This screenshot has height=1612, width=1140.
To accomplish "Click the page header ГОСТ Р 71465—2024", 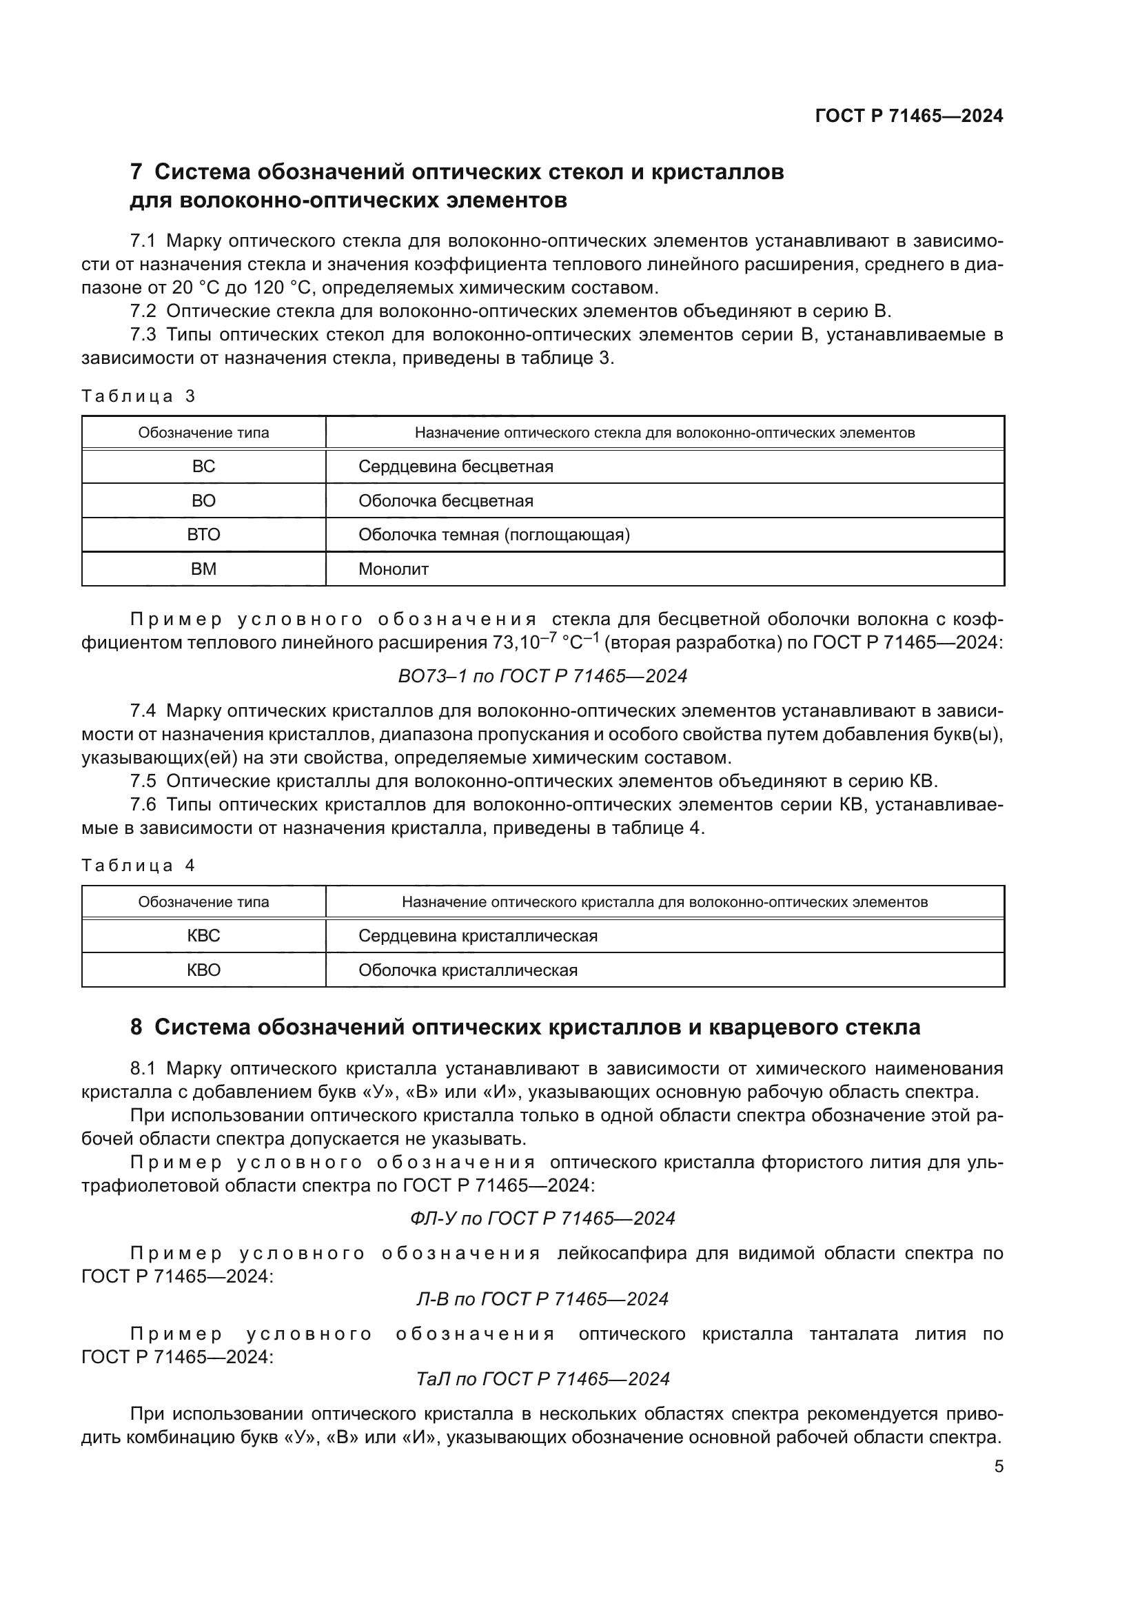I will (x=908, y=116).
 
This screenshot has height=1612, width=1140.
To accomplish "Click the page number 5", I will (x=998, y=1467).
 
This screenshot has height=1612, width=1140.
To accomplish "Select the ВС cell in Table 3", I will (x=203, y=467).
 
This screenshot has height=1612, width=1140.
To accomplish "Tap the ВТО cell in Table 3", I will (x=203, y=535).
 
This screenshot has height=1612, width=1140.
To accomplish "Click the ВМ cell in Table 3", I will (x=203, y=569).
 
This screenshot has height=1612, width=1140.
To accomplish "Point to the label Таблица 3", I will (x=139, y=396).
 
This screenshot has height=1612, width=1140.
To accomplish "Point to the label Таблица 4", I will (x=139, y=866).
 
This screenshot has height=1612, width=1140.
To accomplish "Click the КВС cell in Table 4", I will (x=203, y=936).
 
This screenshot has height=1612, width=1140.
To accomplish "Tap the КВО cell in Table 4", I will (x=203, y=970).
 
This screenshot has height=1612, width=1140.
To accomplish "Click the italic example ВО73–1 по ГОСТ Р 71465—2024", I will (x=542, y=676).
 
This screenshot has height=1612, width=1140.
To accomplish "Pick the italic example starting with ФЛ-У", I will (x=542, y=1218).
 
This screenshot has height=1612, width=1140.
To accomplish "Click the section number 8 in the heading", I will (x=136, y=1027).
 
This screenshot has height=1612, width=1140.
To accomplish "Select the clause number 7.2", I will (x=143, y=311).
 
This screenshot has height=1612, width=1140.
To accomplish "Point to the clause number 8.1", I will (x=143, y=1069).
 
